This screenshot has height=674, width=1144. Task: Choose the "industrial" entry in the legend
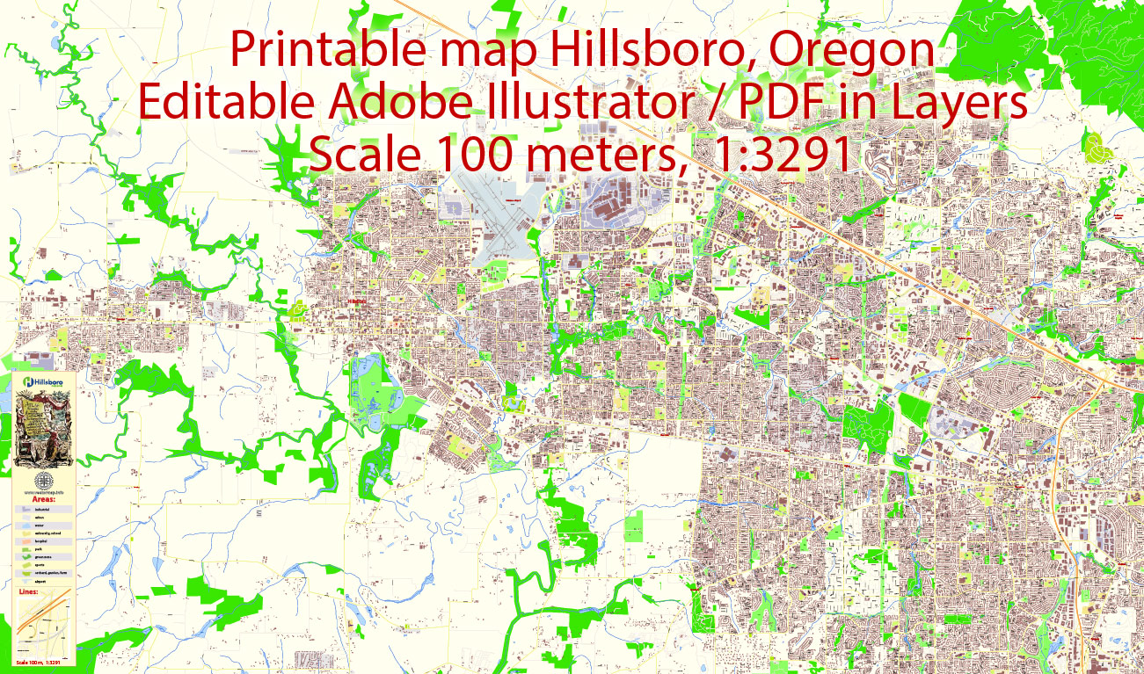point(42,510)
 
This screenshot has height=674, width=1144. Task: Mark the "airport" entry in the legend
point(41,581)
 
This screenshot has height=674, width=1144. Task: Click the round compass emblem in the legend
point(42,482)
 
